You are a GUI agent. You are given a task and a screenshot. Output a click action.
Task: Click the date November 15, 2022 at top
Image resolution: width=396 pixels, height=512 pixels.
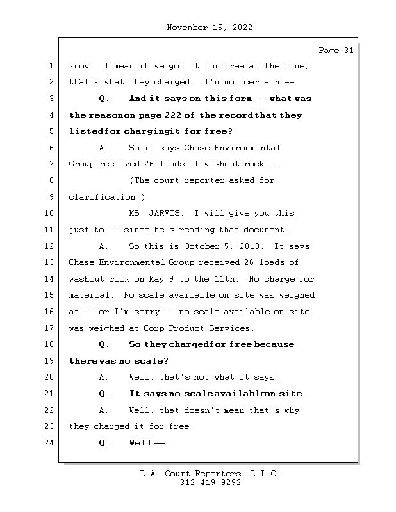click(x=209, y=28)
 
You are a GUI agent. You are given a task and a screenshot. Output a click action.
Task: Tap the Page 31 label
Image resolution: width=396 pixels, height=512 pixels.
click(x=336, y=51)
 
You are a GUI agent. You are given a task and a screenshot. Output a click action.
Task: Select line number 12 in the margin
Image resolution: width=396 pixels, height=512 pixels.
click(x=51, y=246)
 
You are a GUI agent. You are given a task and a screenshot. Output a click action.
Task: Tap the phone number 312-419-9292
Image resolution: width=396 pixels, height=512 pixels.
click(x=209, y=483)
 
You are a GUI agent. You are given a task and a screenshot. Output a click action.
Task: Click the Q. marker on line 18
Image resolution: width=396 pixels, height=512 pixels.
click(x=104, y=344)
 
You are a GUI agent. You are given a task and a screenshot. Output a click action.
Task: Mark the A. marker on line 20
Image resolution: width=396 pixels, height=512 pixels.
click(x=104, y=378)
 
